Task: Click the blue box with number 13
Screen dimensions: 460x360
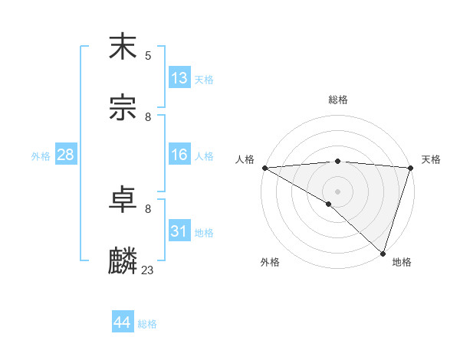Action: pyautogui.click(x=179, y=78)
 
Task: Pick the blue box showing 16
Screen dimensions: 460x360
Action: pyautogui.click(x=179, y=155)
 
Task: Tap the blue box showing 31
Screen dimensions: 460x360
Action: pyautogui.click(x=179, y=231)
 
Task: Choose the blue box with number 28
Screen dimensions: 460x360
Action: pyautogui.click(x=65, y=155)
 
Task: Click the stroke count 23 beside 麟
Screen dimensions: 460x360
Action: pyautogui.click(x=148, y=270)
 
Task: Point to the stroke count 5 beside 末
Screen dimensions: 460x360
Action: pyautogui.click(x=148, y=55)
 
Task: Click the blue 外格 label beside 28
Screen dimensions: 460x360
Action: pyautogui.click(x=41, y=155)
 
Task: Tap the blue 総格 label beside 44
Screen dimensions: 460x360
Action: pyautogui.click(x=147, y=323)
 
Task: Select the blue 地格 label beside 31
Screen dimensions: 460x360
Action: pyautogui.click(x=204, y=232)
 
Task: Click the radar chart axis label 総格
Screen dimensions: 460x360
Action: pyautogui.click(x=338, y=100)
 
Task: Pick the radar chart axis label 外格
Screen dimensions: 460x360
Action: pyautogui.click(x=270, y=262)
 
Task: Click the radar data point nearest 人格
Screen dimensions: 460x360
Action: pyautogui.click(x=264, y=168)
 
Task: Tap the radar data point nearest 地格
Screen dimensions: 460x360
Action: pyautogui.click(x=383, y=254)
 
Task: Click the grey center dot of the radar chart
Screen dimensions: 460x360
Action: pyautogui.click(x=337, y=191)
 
